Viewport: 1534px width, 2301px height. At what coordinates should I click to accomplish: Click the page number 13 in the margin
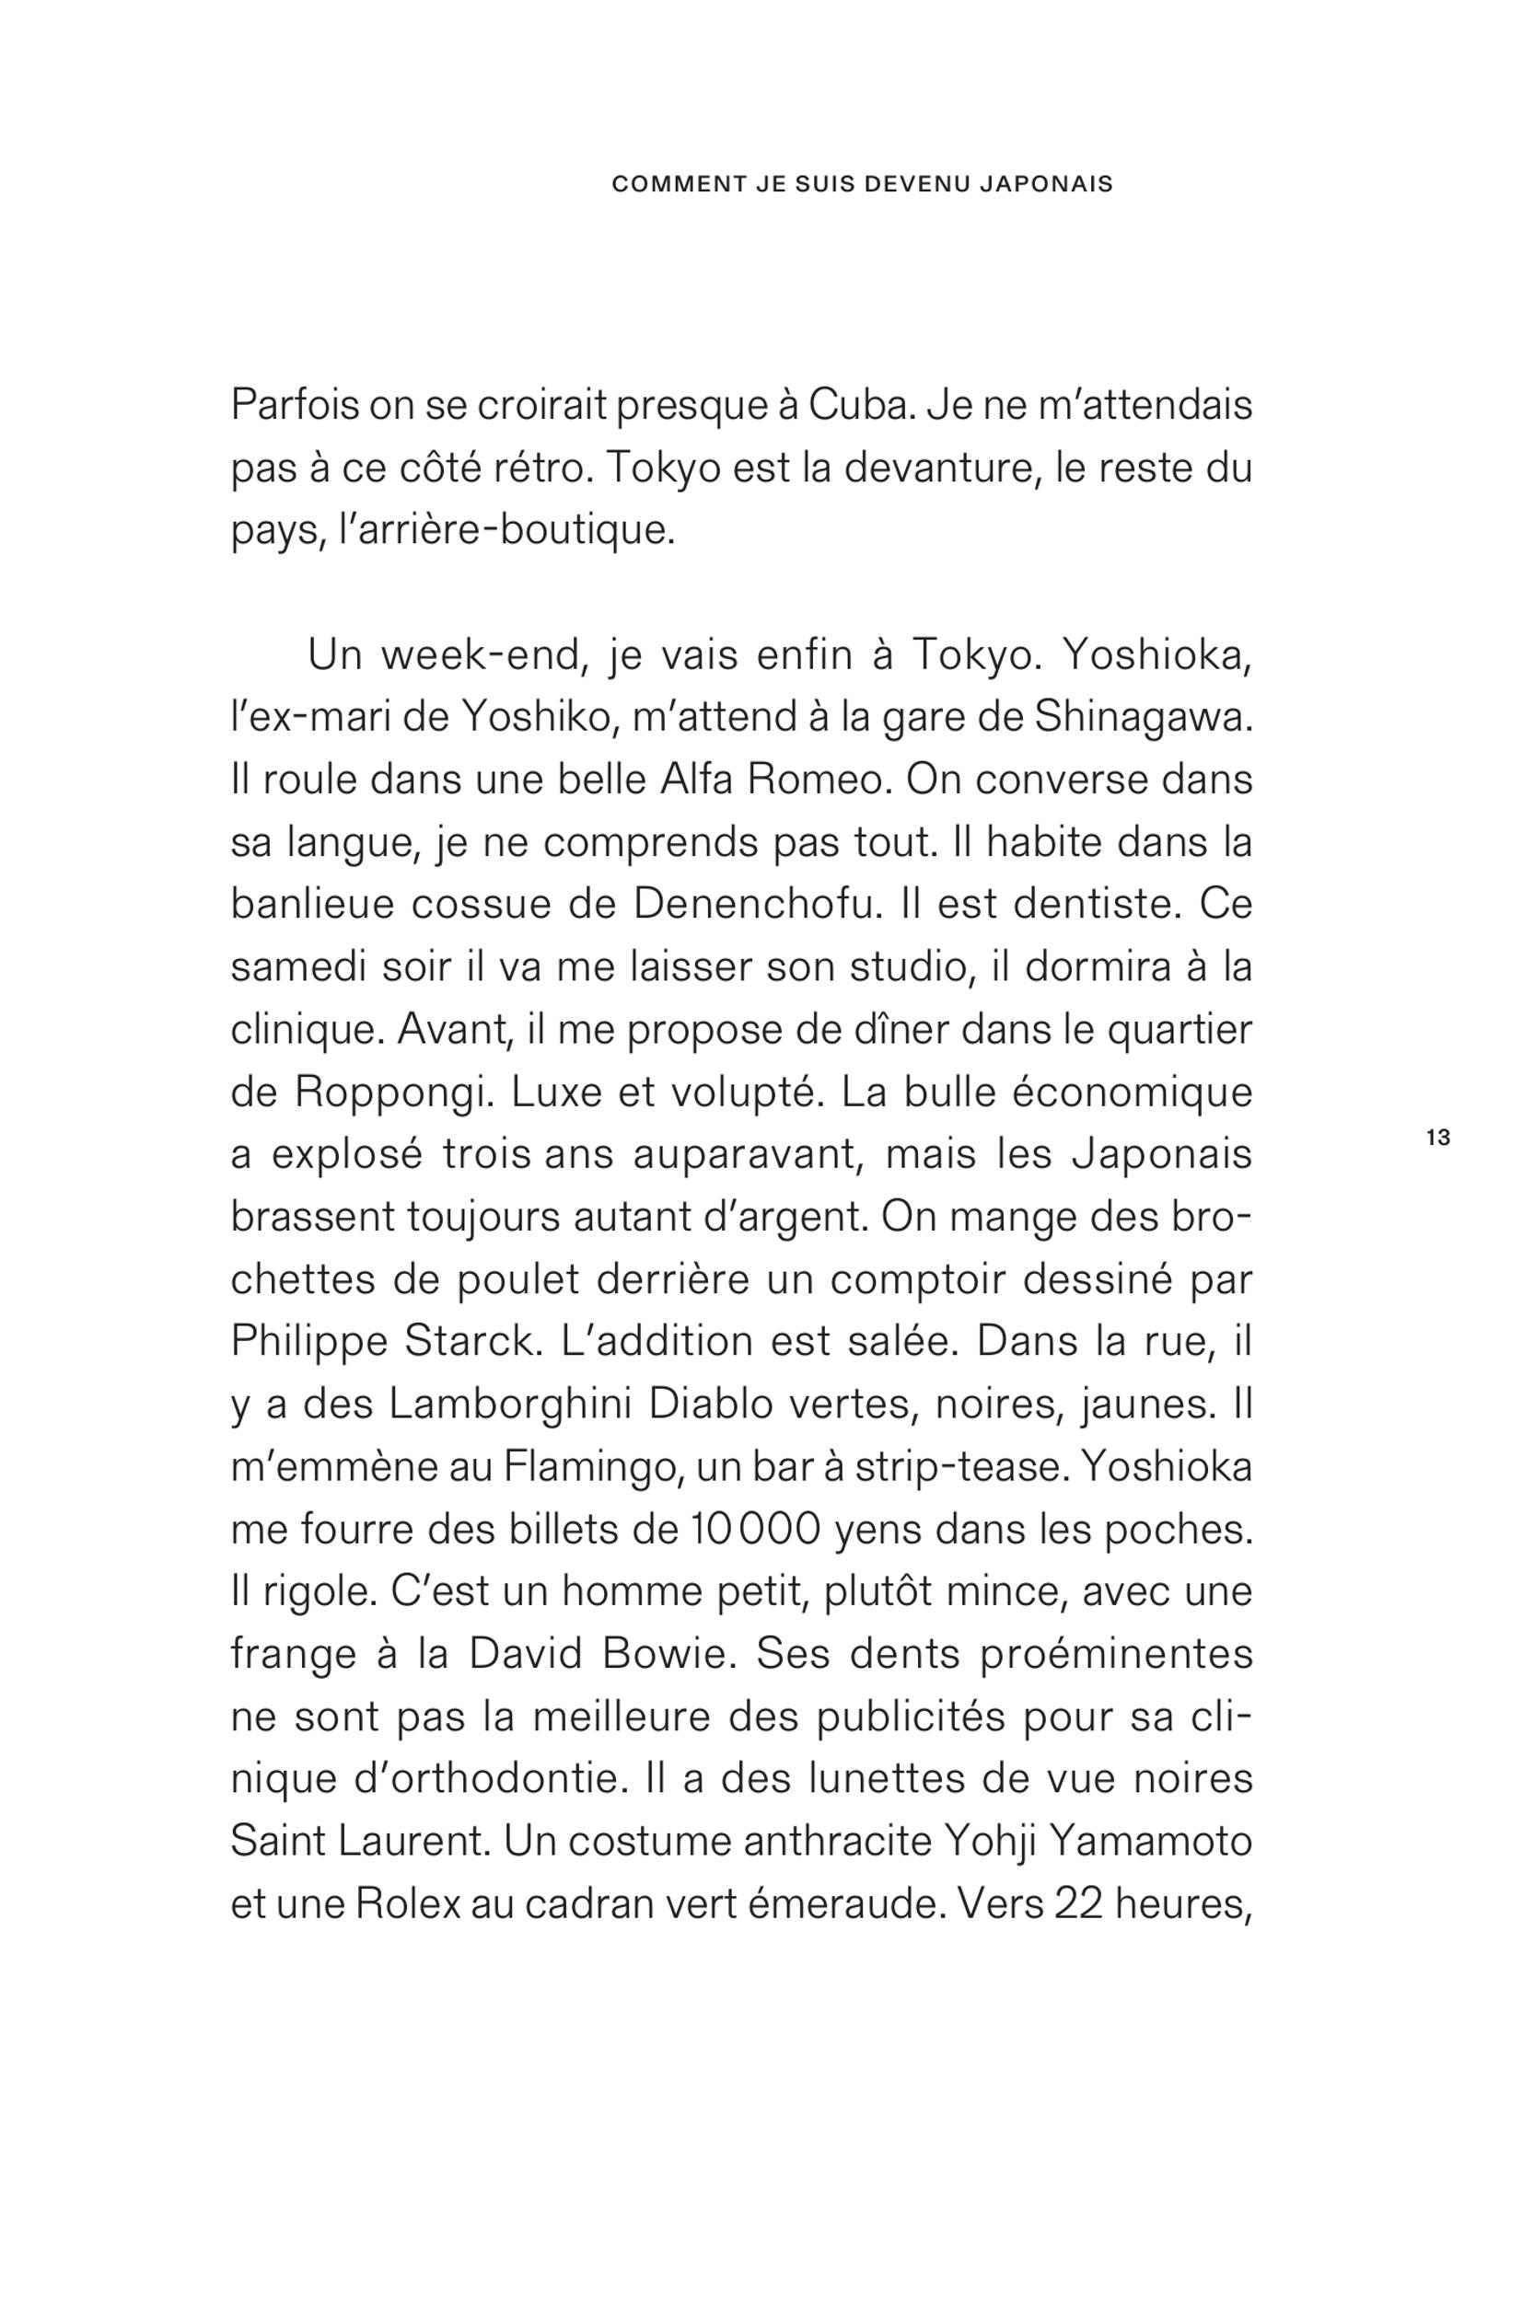tap(1438, 1139)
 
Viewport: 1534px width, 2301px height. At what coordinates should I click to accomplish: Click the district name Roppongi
tap(390, 1093)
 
